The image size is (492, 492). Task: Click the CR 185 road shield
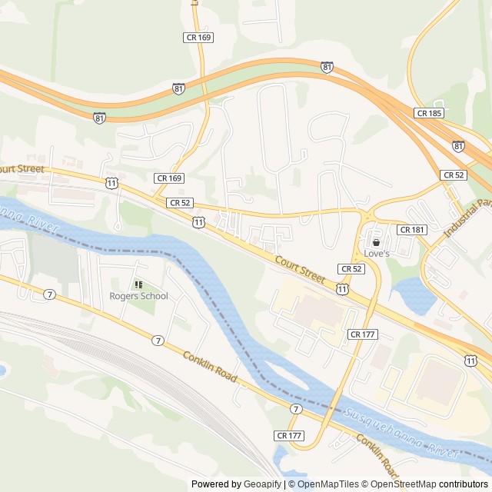(428, 113)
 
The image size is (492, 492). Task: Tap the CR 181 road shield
(412, 230)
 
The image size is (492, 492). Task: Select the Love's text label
(377, 254)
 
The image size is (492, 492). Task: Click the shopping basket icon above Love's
(376, 242)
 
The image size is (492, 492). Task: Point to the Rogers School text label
(138, 296)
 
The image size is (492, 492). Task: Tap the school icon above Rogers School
(138, 284)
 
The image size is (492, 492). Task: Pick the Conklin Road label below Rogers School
(209, 368)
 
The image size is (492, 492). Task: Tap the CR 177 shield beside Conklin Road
(288, 435)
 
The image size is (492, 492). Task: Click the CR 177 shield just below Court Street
(362, 334)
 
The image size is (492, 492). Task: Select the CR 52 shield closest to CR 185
(454, 175)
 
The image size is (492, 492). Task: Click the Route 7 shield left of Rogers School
(49, 294)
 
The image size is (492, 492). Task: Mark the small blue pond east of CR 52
(413, 294)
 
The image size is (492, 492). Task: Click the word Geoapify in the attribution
(263, 484)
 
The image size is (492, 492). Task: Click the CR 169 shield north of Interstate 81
(198, 37)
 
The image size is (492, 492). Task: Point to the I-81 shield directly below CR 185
(458, 145)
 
